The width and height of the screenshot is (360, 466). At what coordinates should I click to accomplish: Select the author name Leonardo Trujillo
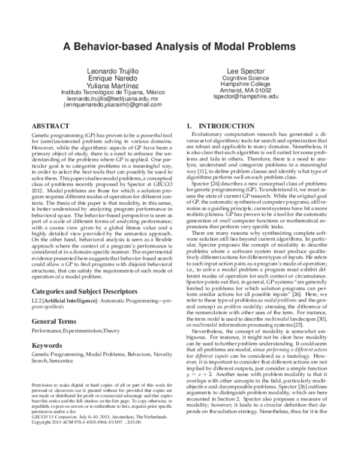[113, 71]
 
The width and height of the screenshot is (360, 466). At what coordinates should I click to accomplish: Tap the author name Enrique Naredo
[113, 79]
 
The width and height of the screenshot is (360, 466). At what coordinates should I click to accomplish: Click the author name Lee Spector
[247, 71]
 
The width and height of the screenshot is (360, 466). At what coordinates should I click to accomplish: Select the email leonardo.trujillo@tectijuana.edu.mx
[113, 98]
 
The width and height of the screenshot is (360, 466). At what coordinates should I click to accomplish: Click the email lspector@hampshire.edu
[247, 97]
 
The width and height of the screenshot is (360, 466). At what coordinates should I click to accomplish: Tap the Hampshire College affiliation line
[247, 84]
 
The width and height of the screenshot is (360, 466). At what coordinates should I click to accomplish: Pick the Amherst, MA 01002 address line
[247, 91]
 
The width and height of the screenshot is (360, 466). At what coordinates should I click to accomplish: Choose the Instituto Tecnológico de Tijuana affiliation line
[113, 92]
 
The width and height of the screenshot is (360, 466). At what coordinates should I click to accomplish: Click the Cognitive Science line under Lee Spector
[247, 78]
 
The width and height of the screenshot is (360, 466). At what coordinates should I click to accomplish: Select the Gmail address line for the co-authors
[113, 105]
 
